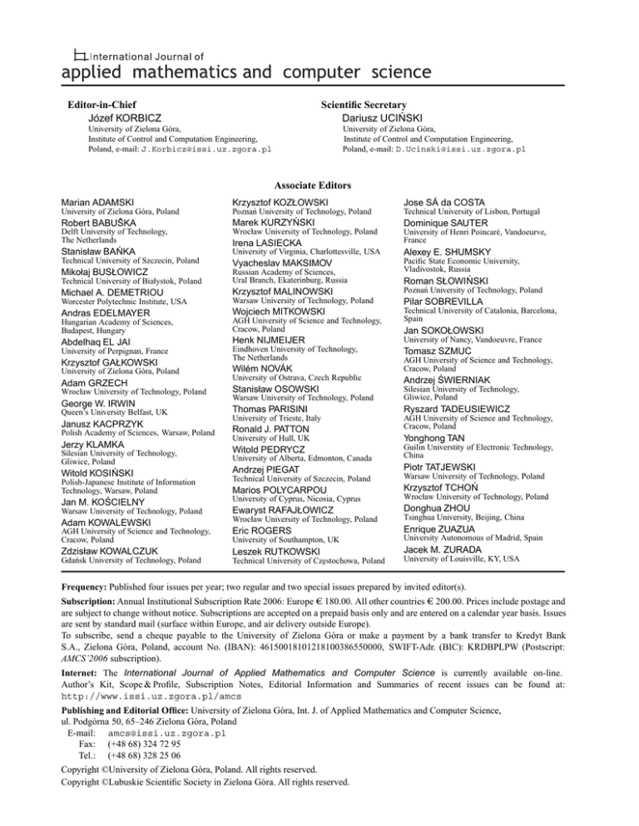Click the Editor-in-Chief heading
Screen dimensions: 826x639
102,106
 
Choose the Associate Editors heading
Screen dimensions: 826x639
319,185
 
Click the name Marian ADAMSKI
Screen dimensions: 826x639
97,203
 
